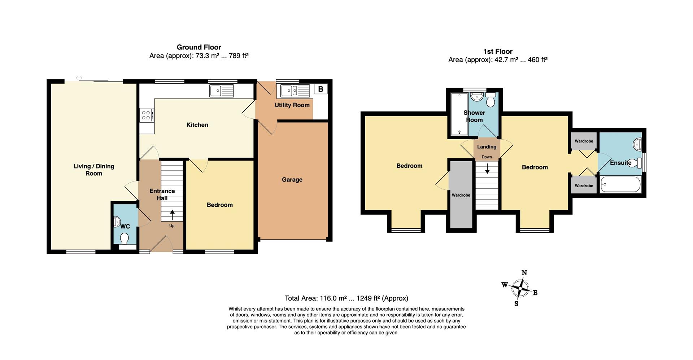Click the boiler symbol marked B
pos(321,89)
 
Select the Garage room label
pos(292,180)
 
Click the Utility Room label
pos(292,105)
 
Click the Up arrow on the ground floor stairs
pos(172,215)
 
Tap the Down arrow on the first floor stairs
pos(487,168)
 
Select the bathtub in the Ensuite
pos(620,184)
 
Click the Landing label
pos(487,147)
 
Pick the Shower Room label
pos(474,116)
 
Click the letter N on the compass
pos(524,273)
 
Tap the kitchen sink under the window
pos(222,91)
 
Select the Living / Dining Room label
pos(94,170)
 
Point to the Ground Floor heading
pos(199,47)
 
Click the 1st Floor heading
pos(498,51)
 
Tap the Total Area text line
pos(346,298)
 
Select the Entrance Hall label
pos(162,194)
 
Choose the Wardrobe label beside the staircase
pos(461,195)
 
